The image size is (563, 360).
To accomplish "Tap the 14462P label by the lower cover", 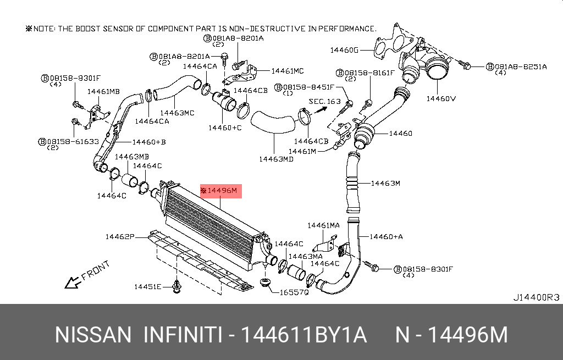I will tap(120, 237).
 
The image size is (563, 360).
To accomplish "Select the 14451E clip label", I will tap(147, 286).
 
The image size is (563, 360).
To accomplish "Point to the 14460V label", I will tap(441, 99).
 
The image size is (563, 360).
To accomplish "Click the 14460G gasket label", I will tap(344, 50).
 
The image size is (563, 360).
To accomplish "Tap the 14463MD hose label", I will tap(276, 159).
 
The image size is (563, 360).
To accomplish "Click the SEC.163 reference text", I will tap(325, 101).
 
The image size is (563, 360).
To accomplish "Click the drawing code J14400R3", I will tap(536, 297).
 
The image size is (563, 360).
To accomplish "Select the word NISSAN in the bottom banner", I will tap(93, 335).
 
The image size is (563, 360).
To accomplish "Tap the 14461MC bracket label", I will tap(286, 71).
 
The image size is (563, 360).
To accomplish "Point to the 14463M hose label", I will tap(385, 183).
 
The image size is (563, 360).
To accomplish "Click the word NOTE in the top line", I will tap(45, 28).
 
